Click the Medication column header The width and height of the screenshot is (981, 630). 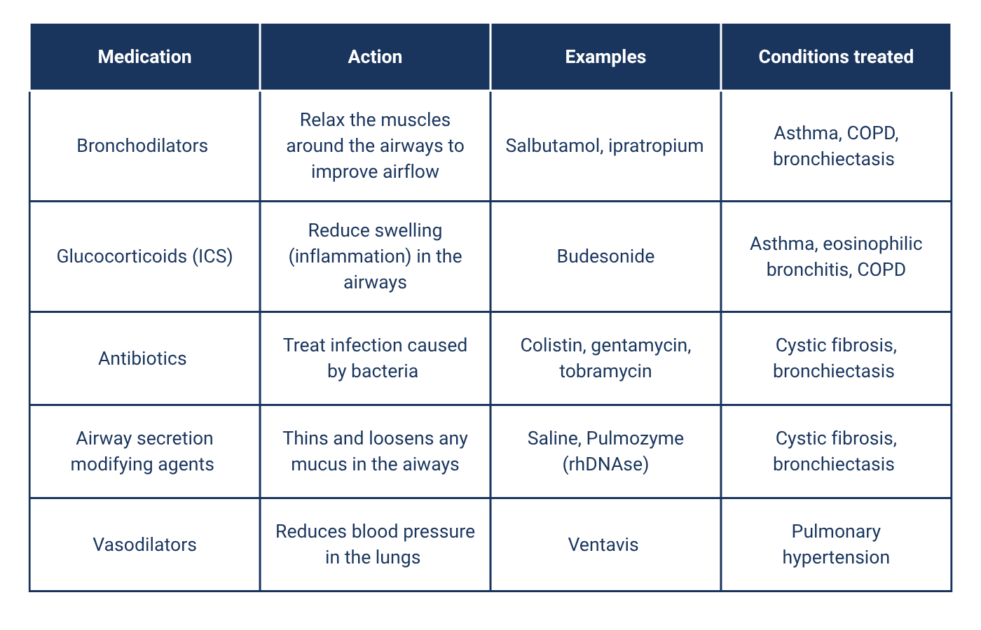144,57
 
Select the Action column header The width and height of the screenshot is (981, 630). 375,57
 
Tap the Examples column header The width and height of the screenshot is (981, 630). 605,57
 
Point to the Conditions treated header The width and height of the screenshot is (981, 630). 836,57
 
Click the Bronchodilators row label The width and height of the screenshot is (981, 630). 142,146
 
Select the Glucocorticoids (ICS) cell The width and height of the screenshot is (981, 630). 144,256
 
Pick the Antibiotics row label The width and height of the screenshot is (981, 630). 142,358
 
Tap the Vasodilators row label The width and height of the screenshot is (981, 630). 144,545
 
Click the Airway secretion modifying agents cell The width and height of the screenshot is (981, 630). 142,451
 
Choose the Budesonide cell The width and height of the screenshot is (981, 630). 605,256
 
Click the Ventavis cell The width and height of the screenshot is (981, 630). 603,545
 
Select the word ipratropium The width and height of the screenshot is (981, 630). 656,146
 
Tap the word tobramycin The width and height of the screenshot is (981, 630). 605,371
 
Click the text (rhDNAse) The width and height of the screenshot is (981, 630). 605,464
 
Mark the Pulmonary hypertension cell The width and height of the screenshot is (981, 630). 836,544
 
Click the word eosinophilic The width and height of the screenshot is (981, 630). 872,244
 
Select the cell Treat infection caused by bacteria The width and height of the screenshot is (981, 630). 375,358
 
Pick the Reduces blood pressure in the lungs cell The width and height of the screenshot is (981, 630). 375,544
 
